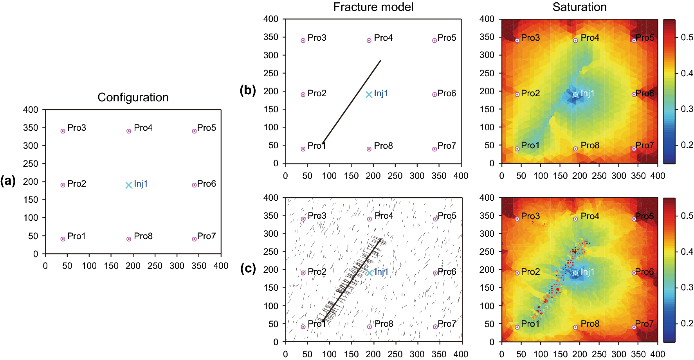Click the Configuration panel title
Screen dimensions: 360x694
tap(133, 97)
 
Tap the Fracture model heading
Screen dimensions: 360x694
tap(373, 7)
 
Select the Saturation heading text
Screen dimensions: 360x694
tap(579, 7)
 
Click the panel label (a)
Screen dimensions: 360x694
tap(8, 181)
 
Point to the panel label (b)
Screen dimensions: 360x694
tap(247, 90)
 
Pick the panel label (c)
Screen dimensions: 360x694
tap(248, 268)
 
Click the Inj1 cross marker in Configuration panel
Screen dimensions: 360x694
tap(129, 185)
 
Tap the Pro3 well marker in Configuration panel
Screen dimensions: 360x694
tap(63, 131)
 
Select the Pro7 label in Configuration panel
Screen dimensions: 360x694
tap(206, 236)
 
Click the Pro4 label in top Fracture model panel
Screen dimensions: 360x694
tap(383, 38)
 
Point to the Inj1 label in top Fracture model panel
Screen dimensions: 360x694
tap(381, 93)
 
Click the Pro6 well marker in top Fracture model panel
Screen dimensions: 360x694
tap(434, 95)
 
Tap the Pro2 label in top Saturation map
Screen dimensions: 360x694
tap(530, 93)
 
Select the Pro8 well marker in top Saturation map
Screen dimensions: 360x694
tap(575, 149)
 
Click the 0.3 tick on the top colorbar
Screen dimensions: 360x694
tap(687, 109)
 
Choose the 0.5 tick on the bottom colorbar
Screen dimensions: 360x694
tap(687, 216)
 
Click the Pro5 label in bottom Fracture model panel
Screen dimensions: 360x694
tap(447, 216)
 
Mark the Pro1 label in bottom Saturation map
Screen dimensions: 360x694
tap(530, 324)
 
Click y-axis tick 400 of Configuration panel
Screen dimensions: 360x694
tap(31, 110)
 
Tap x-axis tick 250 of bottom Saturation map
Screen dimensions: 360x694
tap(599, 354)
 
